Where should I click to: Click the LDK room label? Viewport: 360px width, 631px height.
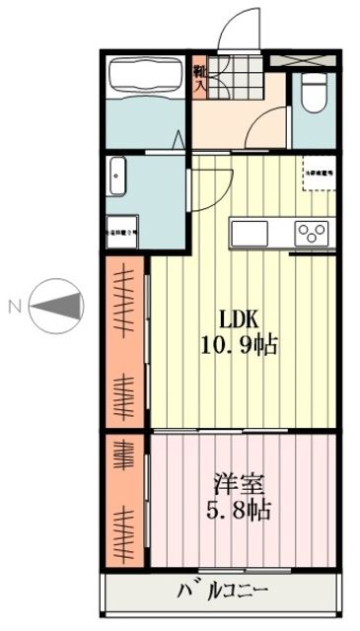(240, 320)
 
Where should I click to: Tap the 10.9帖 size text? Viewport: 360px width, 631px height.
(240, 345)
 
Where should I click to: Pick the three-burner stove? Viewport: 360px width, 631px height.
(315, 235)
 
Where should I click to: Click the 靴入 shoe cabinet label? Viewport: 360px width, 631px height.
(199, 78)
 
